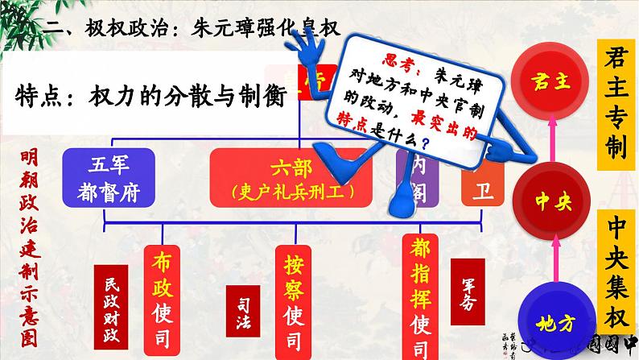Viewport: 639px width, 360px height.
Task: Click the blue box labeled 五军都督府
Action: (x=106, y=178)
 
